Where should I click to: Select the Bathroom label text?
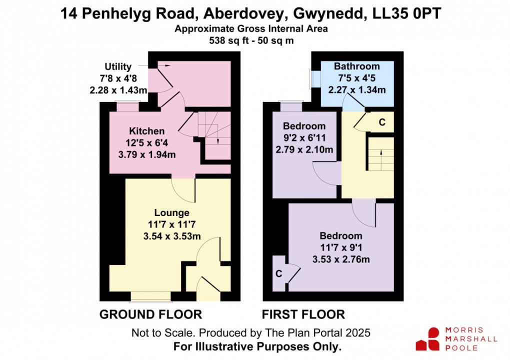(x=356, y=66)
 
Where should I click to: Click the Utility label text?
(x=118, y=66)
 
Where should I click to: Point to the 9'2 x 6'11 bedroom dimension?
(x=304, y=138)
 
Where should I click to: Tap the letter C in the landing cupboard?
(x=382, y=121)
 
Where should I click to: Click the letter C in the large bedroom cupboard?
(x=279, y=273)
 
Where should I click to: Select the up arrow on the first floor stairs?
(x=381, y=152)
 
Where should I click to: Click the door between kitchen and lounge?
(x=183, y=189)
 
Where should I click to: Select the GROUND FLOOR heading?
(x=150, y=314)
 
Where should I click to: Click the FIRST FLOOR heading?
(x=303, y=314)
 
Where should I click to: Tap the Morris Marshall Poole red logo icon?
(x=427, y=339)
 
